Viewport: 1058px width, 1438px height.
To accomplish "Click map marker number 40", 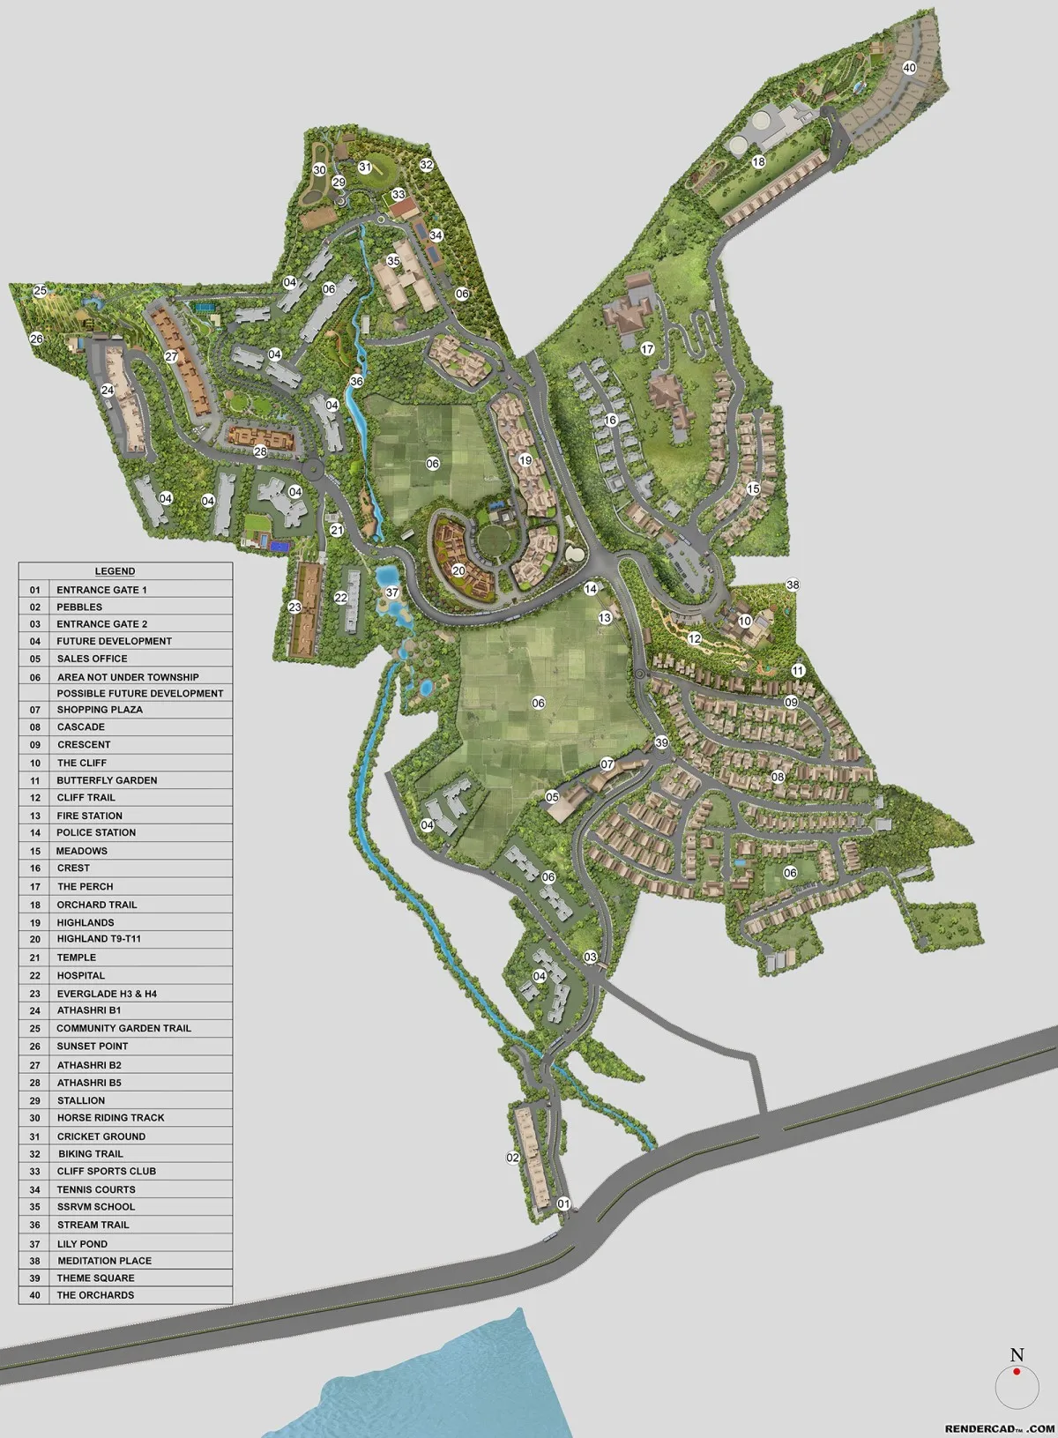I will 909,68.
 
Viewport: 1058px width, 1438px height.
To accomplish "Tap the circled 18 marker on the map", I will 758,162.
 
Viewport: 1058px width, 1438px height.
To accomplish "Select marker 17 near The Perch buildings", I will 648,349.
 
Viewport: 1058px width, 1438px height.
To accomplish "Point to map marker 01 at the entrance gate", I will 564,1203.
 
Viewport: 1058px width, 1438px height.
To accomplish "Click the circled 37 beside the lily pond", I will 392,592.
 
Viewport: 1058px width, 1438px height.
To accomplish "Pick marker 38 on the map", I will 793,585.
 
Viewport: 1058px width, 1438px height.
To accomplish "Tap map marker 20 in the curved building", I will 458,570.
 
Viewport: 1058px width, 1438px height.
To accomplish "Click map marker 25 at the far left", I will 40,290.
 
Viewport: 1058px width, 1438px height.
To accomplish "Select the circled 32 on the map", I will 427,164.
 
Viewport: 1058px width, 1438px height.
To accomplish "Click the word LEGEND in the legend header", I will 115,571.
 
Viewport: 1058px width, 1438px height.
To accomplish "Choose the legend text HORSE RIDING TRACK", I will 110,1117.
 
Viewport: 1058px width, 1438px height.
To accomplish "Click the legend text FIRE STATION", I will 89,816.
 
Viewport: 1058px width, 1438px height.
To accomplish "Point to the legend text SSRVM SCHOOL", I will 96,1206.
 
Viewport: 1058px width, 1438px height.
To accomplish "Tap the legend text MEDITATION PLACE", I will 104,1261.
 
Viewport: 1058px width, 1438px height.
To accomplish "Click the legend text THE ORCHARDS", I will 95,1295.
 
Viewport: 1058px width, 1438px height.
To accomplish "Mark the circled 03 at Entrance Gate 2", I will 590,957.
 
